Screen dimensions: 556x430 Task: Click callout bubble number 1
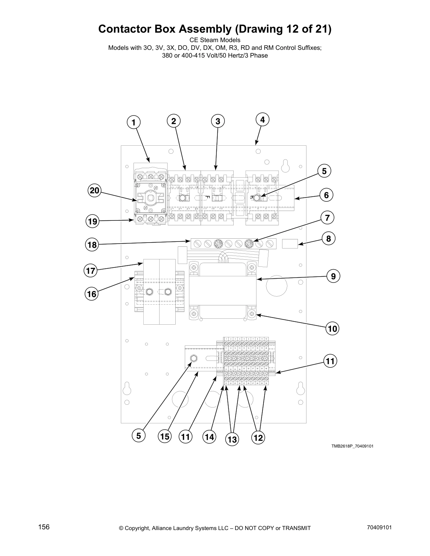click(133, 123)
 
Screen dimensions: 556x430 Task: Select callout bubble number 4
click(262, 119)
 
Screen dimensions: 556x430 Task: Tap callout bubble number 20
click(94, 191)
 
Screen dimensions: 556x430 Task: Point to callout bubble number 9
click(333, 276)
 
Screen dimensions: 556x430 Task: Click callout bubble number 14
click(209, 437)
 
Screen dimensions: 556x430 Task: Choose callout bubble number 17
click(91, 271)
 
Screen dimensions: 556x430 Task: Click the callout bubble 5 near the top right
click(324, 171)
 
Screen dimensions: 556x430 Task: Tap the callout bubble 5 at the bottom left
click(139, 436)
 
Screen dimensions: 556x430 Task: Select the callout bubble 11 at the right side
click(330, 361)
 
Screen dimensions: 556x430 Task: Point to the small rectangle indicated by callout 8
click(290, 243)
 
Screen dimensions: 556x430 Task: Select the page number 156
click(44, 527)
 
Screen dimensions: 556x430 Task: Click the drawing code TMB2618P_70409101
click(352, 446)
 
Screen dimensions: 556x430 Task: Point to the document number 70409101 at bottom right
click(379, 528)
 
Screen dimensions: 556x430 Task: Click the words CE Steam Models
click(215, 40)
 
